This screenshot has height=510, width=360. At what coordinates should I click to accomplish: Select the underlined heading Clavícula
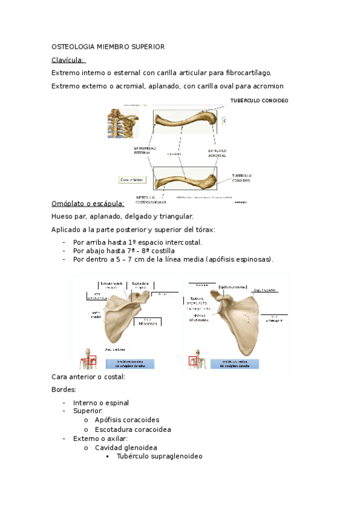(x=69, y=60)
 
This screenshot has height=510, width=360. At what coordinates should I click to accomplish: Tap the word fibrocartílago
(x=246, y=73)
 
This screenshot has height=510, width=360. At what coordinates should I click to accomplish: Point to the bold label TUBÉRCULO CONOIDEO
(x=259, y=100)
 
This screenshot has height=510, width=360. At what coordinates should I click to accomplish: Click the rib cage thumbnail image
(x=123, y=123)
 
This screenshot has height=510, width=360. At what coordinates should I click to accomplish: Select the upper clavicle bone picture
(x=186, y=121)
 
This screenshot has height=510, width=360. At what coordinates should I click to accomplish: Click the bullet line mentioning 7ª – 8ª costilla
(x=124, y=251)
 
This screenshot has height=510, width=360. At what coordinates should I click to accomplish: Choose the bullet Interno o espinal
(x=101, y=402)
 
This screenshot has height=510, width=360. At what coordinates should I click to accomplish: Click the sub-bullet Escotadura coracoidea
(x=133, y=429)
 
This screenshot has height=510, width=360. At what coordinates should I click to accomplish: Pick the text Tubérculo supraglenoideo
(x=160, y=456)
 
